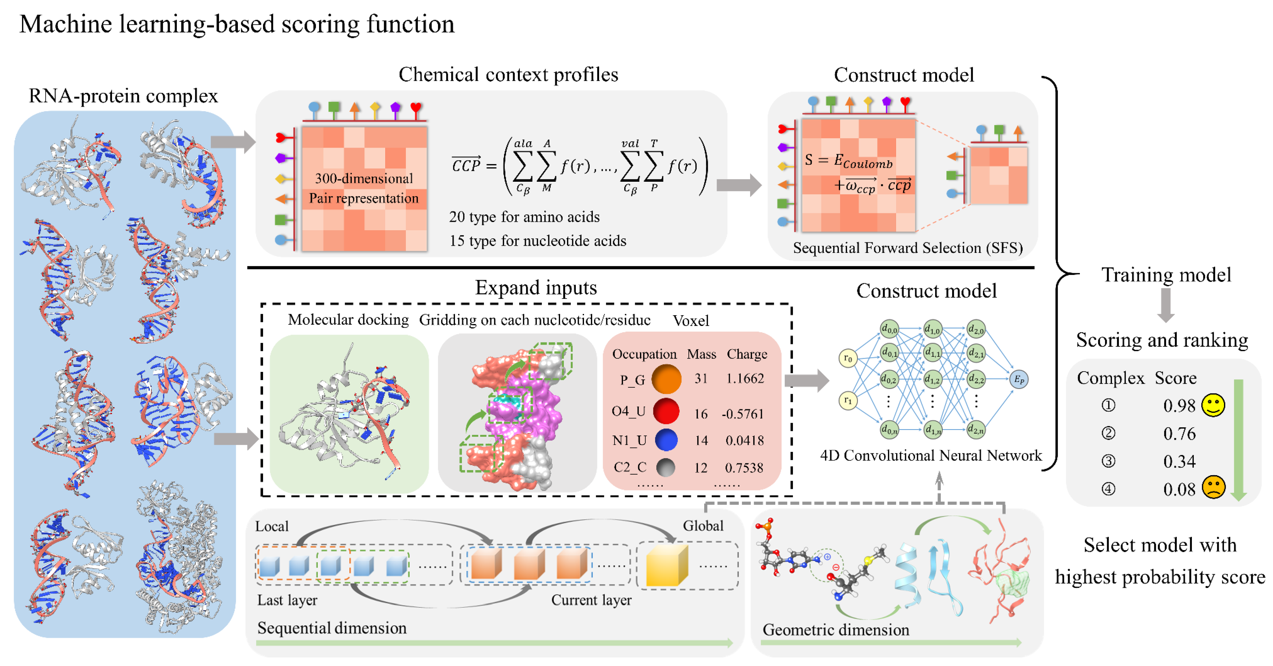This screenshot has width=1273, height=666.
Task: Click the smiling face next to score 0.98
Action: click(x=1213, y=406)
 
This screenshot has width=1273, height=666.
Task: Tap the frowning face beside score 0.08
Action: click(x=1213, y=488)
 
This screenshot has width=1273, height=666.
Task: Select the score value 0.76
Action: click(x=1179, y=434)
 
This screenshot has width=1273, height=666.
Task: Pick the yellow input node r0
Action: click(x=848, y=358)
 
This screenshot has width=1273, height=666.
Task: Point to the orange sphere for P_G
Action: click(x=666, y=379)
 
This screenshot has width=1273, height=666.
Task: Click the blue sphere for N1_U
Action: click(x=666, y=440)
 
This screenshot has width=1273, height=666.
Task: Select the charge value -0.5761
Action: click(x=743, y=413)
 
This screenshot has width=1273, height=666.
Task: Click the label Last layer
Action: click(x=287, y=600)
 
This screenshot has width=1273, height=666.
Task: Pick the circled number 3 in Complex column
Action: click(x=1108, y=461)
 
